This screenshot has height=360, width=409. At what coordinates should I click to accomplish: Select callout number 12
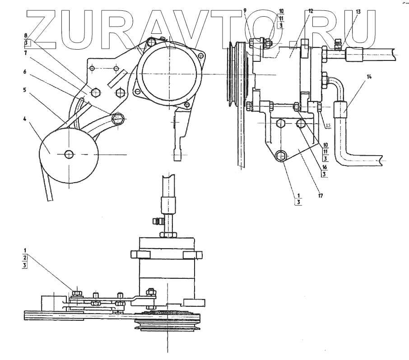(x=311, y=9)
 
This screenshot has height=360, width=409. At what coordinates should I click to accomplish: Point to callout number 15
(x=328, y=125)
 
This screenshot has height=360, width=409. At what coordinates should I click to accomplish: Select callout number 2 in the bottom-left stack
(x=25, y=258)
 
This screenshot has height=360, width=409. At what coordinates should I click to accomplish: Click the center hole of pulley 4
(x=69, y=154)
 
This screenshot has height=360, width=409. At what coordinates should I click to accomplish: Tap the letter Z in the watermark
(x=45, y=28)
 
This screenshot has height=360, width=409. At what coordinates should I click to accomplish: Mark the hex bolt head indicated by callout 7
(x=96, y=92)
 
